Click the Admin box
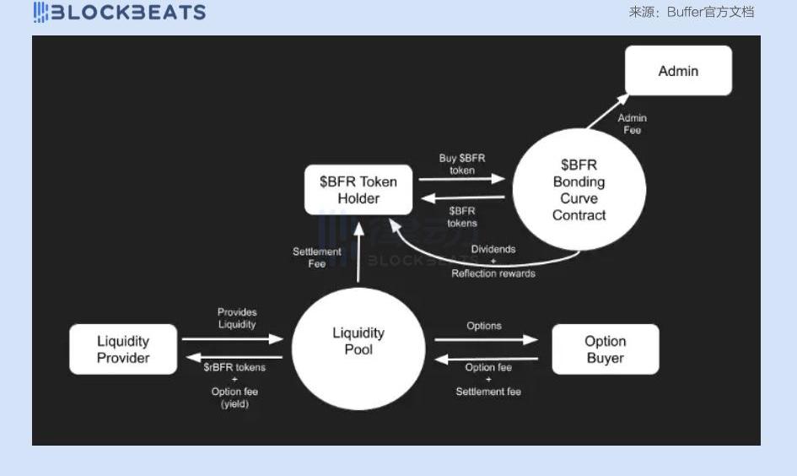click(x=678, y=71)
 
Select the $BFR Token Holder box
click(x=358, y=190)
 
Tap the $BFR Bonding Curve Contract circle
click(x=579, y=190)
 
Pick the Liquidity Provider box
click(x=123, y=349)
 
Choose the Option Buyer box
click(x=605, y=349)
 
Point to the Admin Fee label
click(x=632, y=124)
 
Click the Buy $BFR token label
click(x=462, y=164)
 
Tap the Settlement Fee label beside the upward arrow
click(x=316, y=257)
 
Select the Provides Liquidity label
click(x=237, y=318)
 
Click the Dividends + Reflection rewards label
click(x=493, y=262)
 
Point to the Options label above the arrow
click(x=484, y=326)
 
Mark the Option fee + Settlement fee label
click(x=488, y=380)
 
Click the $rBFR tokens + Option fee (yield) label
click(x=234, y=386)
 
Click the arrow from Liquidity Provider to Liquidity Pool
click(x=232, y=339)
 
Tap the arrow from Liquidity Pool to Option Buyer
click(x=486, y=340)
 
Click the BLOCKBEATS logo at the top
click(x=120, y=12)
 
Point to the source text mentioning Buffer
click(x=691, y=12)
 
